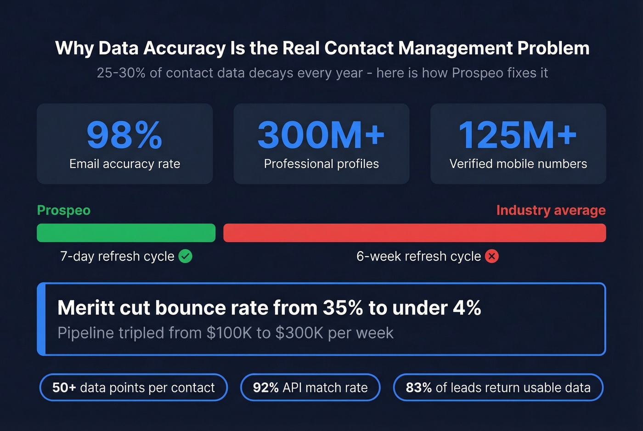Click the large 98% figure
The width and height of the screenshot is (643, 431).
point(124,135)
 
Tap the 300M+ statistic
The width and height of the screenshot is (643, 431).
point(321,135)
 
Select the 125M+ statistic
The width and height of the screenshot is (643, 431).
point(518,135)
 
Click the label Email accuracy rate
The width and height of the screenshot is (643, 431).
point(124,164)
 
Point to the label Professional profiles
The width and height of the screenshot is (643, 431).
point(321,164)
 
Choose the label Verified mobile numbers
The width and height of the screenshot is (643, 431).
point(518,164)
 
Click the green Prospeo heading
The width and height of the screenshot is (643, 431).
point(63,210)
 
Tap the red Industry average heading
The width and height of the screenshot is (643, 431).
point(551,210)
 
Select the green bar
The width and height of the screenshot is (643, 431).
point(126,233)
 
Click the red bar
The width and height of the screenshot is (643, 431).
point(414,233)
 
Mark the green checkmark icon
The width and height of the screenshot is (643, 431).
point(185,256)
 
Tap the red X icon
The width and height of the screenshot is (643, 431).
point(492,256)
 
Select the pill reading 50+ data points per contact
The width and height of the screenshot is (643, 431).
point(133,387)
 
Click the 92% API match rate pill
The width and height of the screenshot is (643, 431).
point(310,387)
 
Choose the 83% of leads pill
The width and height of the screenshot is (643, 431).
point(498,387)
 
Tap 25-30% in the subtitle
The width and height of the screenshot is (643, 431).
point(121,73)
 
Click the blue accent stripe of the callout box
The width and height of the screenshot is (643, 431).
point(41,319)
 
